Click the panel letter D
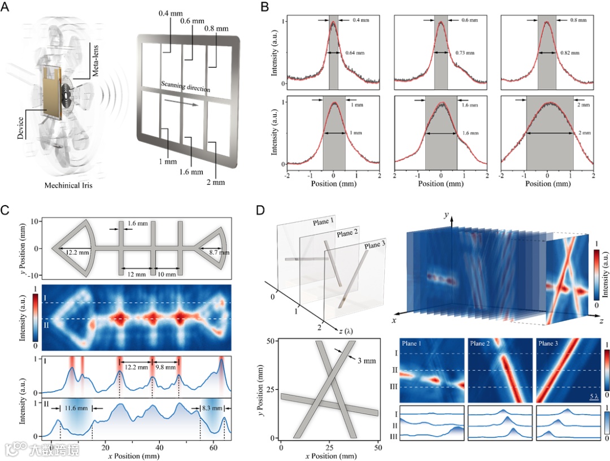tap(260, 211)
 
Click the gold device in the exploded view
tap(51, 95)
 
